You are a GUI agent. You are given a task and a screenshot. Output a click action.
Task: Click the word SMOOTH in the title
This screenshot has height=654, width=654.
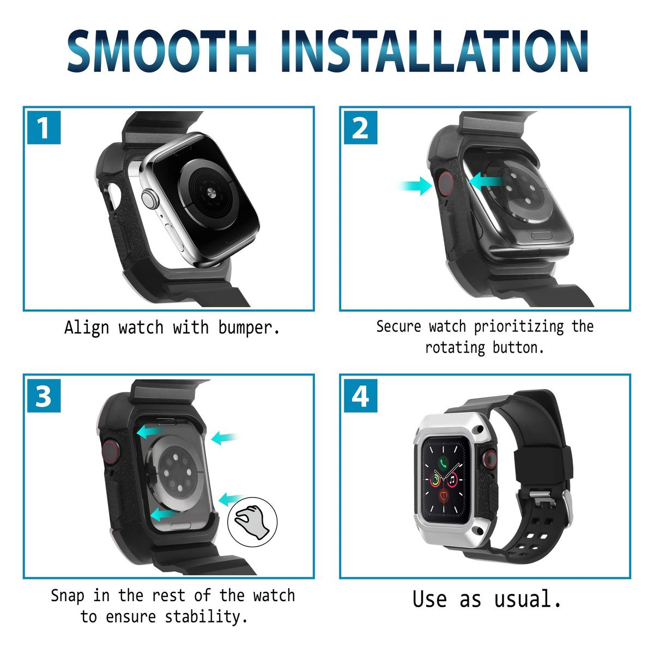(162, 51)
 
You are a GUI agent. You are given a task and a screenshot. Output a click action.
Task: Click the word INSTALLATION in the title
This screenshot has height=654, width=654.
(435, 51)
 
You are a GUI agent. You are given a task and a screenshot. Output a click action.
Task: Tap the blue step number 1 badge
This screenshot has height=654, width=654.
(44, 128)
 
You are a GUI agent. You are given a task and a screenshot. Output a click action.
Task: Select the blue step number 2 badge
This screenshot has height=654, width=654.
(360, 128)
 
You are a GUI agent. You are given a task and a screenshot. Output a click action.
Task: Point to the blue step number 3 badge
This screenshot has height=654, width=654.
(44, 396)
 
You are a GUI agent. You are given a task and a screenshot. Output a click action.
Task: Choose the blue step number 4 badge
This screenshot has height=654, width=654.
(360, 396)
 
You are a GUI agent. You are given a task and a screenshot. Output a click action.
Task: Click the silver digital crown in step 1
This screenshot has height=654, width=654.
(150, 199)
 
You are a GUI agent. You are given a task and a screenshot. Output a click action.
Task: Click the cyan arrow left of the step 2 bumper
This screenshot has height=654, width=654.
(414, 186)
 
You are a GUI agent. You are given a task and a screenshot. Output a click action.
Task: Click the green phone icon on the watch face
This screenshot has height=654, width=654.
(443, 462)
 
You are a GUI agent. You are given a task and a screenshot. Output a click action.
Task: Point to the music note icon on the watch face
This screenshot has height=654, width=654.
(452, 480)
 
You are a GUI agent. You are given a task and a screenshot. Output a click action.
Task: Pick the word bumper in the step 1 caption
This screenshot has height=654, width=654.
(249, 328)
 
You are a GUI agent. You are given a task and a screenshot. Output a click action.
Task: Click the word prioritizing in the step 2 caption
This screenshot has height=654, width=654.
(519, 326)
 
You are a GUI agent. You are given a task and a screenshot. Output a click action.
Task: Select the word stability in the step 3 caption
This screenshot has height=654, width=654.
(206, 616)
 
